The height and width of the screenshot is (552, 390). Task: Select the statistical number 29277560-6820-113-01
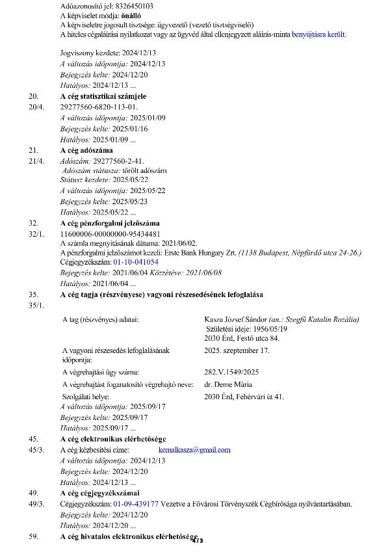coord(99,106)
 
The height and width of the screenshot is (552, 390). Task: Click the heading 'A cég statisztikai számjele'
coord(103,96)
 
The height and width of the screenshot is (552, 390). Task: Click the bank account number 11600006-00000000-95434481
coord(110,233)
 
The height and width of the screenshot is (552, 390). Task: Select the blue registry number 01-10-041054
coord(136,261)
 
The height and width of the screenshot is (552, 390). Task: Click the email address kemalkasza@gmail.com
coord(194,449)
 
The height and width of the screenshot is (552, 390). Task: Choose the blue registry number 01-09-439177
coord(136,503)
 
